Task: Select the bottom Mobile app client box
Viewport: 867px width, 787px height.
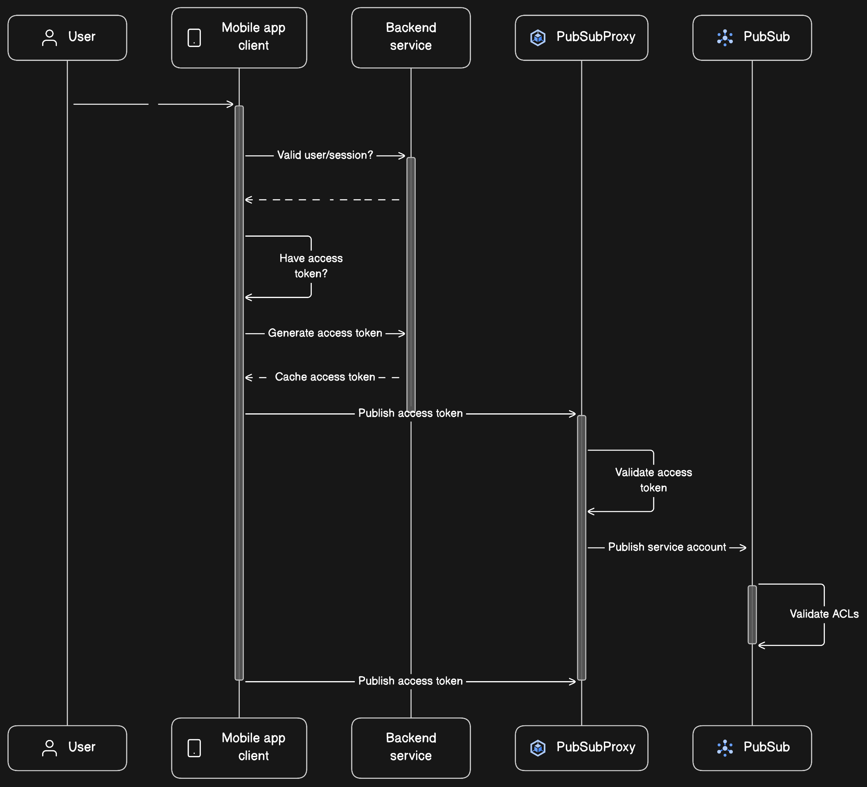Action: (239, 747)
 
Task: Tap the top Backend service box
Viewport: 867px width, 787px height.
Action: (411, 37)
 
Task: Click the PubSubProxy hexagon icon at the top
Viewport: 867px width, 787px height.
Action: (538, 37)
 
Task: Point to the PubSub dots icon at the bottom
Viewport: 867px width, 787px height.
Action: (725, 748)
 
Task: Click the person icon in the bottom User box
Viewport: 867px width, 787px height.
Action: (50, 748)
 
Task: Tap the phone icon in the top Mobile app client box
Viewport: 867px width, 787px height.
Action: (194, 38)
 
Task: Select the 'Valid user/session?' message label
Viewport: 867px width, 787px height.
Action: (325, 155)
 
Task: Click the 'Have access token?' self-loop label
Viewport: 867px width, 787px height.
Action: (311, 266)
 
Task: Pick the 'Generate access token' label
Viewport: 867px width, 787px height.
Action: (325, 333)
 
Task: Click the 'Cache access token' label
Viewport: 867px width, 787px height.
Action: (325, 377)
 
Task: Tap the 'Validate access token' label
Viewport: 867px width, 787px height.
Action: (653, 480)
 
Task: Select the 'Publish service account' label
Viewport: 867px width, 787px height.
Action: (667, 547)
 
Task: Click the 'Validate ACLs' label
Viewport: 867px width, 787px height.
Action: (824, 614)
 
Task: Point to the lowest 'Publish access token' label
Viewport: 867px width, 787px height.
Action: (410, 681)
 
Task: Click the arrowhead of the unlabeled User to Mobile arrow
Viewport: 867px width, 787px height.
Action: (231, 104)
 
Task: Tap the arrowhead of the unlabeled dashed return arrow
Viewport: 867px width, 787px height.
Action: (248, 200)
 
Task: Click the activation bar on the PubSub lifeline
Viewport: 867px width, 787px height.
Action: (752, 614)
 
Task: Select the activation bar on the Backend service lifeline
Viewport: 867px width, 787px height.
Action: (411, 284)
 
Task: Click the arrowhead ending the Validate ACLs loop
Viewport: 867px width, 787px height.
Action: (761, 645)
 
